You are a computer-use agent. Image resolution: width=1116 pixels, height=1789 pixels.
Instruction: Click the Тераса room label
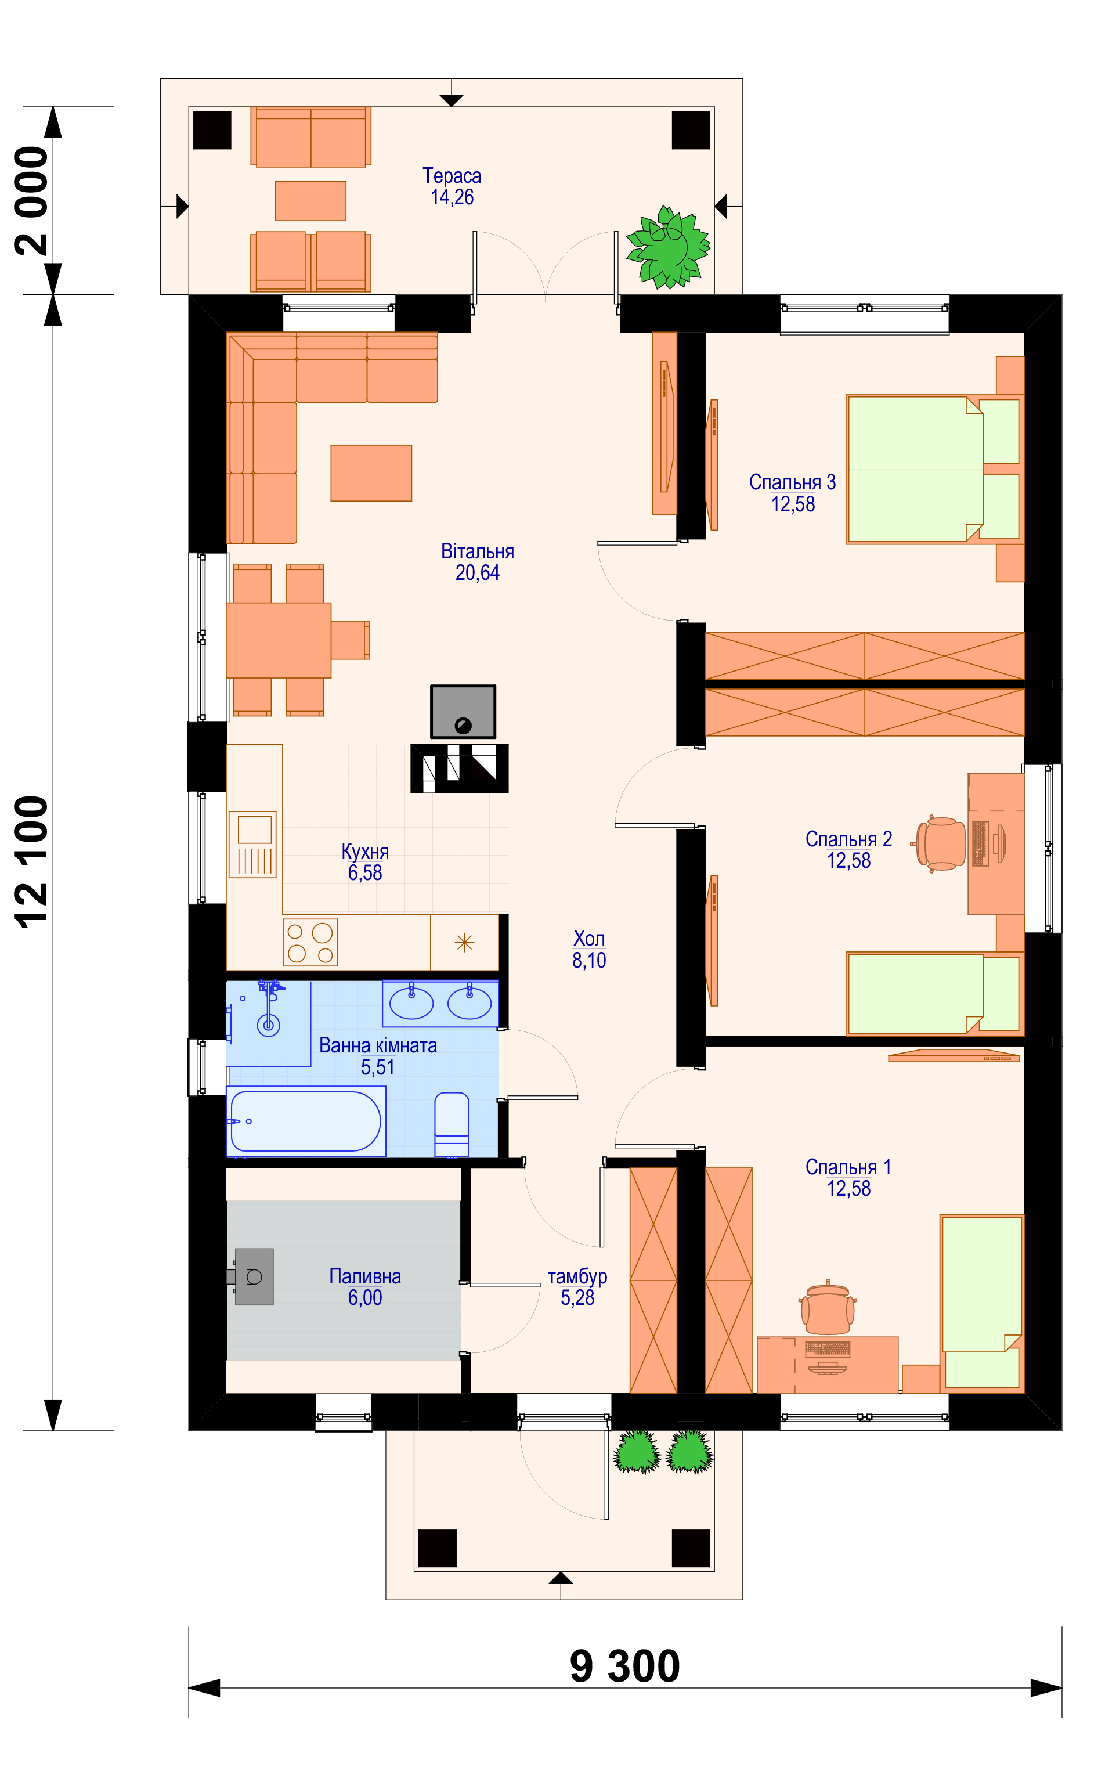[x=452, y=176]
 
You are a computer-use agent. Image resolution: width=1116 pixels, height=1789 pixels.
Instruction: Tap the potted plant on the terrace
[x=668, y=247]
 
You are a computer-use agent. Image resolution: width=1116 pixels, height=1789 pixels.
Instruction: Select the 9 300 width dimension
[x=624, y=1666]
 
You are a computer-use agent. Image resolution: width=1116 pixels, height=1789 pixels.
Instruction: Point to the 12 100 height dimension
[x=32, y=861]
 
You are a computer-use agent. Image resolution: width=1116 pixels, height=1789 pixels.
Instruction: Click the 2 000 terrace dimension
[x=32, y=201]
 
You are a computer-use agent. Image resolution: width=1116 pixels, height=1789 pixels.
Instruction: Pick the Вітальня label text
[x=478, y=551]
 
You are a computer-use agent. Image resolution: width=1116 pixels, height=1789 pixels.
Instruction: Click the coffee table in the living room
[x=371, y=473]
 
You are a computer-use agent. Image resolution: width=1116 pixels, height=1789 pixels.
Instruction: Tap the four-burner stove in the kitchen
[x=310, y=943]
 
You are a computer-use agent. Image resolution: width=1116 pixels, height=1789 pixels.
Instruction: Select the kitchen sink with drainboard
[x=252, y=845]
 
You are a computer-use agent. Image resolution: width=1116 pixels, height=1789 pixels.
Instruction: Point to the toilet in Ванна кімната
[x=452, y=1124]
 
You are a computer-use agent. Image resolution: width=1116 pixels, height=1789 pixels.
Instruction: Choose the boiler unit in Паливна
[x=253, y=1277]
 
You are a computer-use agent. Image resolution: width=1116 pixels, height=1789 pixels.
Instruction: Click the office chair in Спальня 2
[x=940, y=843]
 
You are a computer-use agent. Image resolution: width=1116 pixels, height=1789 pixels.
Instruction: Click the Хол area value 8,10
[x=589, y=960]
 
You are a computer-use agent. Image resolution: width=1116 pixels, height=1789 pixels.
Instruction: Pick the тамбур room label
[x=577, y=1276]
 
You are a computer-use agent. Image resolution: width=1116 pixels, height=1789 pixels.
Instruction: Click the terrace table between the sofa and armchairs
[x=310, y=201]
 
